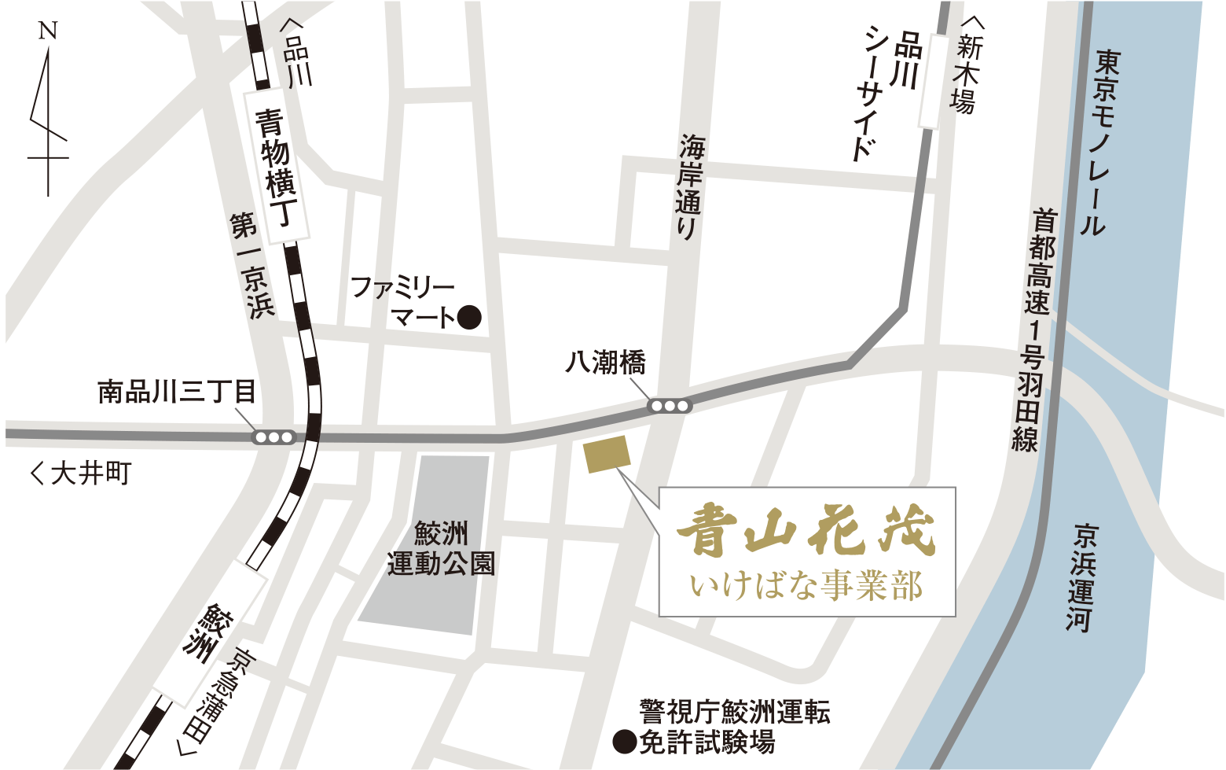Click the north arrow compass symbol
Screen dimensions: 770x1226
click(48, 110)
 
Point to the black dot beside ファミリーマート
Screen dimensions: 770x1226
click(469, 317)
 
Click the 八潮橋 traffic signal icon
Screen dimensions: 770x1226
click(669, 407)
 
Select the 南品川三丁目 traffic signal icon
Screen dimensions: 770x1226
click(273, 437)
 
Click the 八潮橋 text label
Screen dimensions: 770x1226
click(605, 363)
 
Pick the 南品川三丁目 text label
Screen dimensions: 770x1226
click(176, 391)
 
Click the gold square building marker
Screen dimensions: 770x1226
click(607, 455)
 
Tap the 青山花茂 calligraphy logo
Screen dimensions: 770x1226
click(806, 531)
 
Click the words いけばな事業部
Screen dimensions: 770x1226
click(806, 587)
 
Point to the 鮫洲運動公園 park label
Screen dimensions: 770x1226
click(441, 549)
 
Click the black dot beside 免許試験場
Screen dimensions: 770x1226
click(625, 742)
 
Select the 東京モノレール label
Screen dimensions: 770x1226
click(1100, 142)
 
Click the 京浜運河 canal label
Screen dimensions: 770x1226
click(1082, 578)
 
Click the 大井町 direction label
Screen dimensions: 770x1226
click(82, 473)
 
